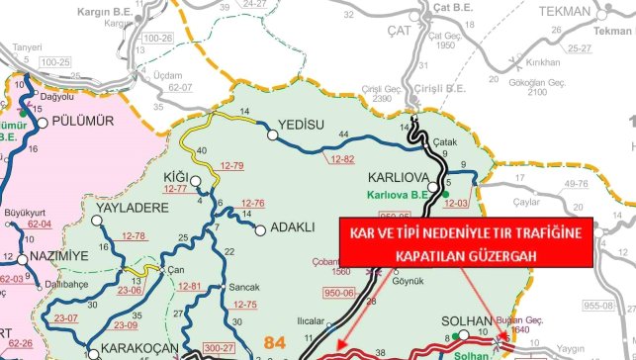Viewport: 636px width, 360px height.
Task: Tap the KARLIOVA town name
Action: [397, 179]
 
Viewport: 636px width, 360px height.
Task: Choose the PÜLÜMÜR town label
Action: [78, 121]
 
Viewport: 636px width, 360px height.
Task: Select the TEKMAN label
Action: [565, 11]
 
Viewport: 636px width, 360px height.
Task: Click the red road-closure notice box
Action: [465, 241]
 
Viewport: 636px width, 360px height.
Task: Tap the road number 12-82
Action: [342, 158]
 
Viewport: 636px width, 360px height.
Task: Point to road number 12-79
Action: [233, 164]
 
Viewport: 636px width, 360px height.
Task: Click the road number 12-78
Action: [135, 235]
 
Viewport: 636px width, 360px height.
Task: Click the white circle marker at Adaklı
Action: [261, 230]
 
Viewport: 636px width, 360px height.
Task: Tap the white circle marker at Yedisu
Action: [271, 129]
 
